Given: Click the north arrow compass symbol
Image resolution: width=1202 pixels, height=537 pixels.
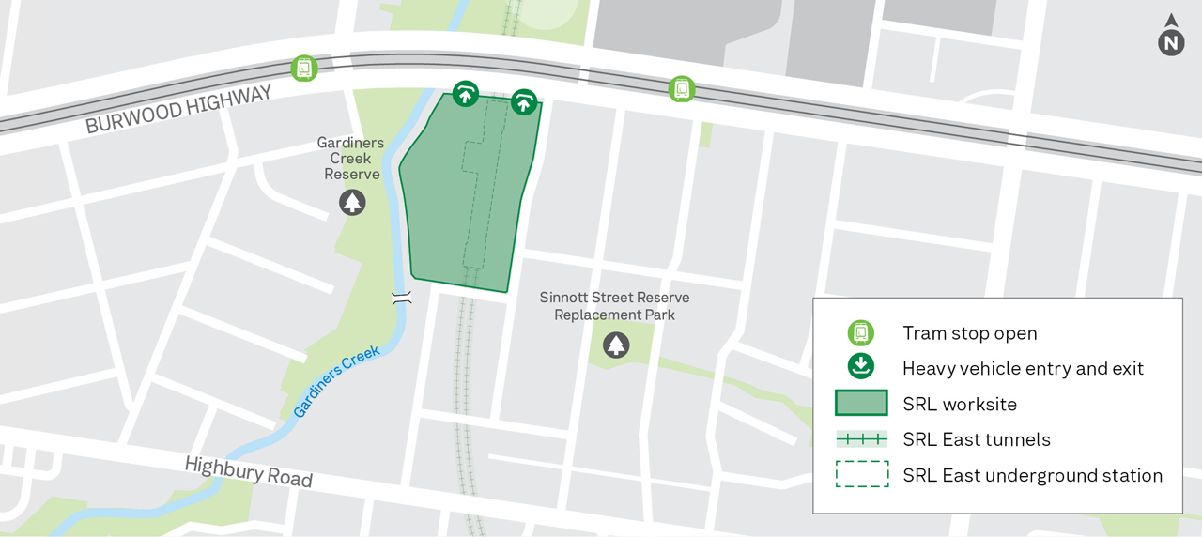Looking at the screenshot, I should tap(1170, 37).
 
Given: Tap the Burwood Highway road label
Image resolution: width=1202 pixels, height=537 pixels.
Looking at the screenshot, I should tap(178, 110).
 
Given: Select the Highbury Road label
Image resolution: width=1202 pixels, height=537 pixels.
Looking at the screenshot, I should tap(248, 471).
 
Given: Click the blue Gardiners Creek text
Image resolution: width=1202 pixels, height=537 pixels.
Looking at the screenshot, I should tap(336, 381).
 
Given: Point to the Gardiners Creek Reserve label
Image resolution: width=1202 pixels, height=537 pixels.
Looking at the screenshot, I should tap(351, 159).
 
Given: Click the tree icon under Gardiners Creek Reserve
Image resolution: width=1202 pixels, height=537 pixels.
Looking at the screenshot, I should tap(352, 202).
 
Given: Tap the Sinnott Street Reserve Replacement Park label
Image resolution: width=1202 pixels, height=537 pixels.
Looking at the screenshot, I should tap(614, 306).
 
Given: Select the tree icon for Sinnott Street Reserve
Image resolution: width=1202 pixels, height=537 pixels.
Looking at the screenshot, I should tap(616, 345).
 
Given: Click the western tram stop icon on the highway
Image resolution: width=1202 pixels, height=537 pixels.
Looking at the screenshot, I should tap(303, 68).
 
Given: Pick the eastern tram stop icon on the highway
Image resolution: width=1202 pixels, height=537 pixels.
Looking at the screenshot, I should tap(682, 89).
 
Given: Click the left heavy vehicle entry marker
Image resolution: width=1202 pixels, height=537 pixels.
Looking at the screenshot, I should tap(465, 93).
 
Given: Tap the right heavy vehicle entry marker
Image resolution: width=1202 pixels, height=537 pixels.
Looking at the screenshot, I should tap(523, 102).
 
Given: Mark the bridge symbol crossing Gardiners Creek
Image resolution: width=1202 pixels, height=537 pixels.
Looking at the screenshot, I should tap(402, 298).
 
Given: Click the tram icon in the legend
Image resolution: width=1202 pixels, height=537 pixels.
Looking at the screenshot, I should tap(861, 333).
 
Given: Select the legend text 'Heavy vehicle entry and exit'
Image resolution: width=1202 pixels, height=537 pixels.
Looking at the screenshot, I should tap(1023, 369).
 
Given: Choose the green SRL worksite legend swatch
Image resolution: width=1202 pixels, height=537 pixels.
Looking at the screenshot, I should tap(861, 404).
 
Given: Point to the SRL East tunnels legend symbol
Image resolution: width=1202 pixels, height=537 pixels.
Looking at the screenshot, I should tap(861, 439).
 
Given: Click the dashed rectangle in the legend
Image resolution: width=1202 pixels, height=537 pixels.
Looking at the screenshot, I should tap(861, 475).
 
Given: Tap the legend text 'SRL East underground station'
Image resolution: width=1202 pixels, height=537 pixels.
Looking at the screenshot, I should tap(1032, 476).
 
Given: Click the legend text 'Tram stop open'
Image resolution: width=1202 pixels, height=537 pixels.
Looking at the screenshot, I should tap(969, 333).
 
